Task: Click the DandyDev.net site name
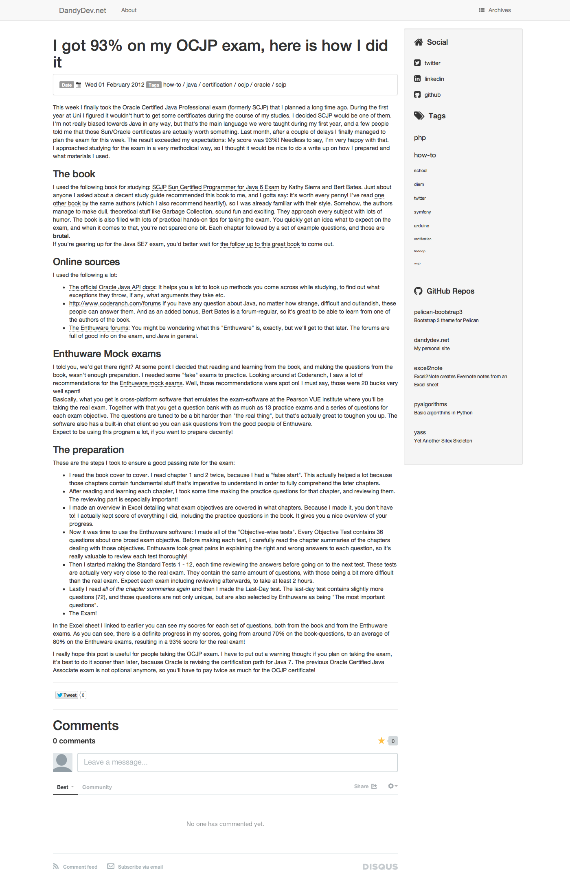pos(82,11)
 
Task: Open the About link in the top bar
pos(129,10)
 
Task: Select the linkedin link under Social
pos(434,79)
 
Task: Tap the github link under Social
pos(432,95)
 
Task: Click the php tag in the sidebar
pos(420,138)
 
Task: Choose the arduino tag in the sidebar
pos(421,226)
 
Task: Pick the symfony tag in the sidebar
pos(422,212)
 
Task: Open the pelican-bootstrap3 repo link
pos(438,312)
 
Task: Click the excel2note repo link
pos(428,368)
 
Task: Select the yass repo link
pos(420,432)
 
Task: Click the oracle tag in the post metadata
pos(262,85)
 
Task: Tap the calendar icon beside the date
pos(79,85)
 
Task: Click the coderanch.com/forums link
pos(115,303)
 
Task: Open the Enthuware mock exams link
pos(151,383)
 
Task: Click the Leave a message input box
pos(237,762)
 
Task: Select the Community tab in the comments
pos(97,787)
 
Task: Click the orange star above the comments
pos(381,741)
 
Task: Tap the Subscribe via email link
pos(140,867)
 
